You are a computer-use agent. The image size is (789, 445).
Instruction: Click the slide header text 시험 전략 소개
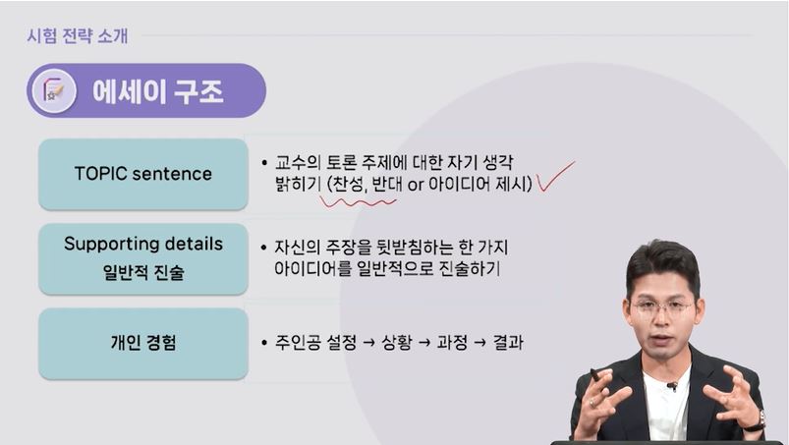point(77,36)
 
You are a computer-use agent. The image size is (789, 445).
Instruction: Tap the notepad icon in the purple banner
point(54,91)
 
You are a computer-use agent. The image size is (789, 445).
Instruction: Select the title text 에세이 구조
point(157,91)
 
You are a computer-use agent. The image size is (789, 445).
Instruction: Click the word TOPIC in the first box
point(100,174)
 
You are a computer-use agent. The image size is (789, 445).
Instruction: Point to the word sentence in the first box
point(172,174)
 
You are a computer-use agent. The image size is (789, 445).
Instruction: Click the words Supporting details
point(143,244)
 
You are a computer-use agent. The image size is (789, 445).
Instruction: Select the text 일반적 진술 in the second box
point(143,272)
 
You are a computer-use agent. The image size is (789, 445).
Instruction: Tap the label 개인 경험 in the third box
point(143,343)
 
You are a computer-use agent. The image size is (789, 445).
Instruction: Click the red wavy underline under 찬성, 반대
point(358,202)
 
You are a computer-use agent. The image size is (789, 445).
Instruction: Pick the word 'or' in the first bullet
point(415,185)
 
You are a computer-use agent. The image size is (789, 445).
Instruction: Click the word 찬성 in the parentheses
point(349,185)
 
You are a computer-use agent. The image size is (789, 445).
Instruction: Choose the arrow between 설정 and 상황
point(368,343)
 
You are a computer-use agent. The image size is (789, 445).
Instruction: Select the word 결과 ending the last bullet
point(507,343)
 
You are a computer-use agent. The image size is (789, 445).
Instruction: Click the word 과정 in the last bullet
point(452,343)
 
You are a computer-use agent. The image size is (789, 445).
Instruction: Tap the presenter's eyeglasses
point(661,306)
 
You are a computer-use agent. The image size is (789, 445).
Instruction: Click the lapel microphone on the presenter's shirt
point(671,387)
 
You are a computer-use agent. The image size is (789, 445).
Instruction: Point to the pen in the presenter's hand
point(596,375)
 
